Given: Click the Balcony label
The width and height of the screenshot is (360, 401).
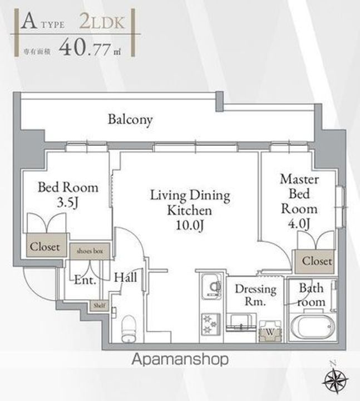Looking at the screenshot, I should (130, 119).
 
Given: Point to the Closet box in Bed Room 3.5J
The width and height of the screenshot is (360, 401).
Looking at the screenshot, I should (45, 247).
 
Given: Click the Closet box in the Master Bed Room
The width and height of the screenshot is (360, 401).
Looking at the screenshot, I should (317, 261).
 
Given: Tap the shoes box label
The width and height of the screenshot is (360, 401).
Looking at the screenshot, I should (90, 251).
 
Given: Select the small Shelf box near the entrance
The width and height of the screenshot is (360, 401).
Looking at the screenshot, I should (98, 305).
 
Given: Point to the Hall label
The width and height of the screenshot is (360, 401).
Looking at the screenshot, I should (126, 276).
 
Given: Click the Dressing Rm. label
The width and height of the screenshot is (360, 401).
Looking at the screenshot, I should (255, 296).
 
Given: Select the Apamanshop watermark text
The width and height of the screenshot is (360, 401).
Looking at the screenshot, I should (180, 360).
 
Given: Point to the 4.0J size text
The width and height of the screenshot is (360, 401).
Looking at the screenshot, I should (299, 224).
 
